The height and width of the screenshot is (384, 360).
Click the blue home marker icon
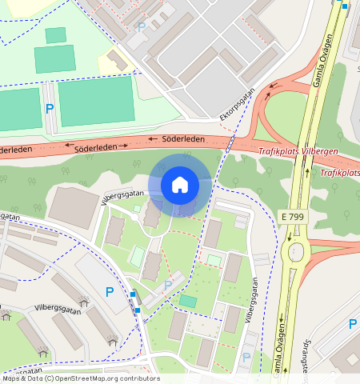pyautogui.click(x=180, y=185)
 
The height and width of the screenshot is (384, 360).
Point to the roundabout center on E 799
pyautogui.click(x=296, y=253)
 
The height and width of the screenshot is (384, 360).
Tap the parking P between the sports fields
pyautogui.click(x=50, y=109)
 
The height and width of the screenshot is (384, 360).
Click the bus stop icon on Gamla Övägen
pyautogui.click(x=345, y=6)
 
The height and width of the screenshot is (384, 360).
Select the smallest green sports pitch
pyautogui.click(x=56, y=35)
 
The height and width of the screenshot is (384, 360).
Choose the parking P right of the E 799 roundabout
pyautogui.click(x=352, y=323)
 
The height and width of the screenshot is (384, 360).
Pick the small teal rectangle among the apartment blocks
pyautogui.click(x=188, y=301)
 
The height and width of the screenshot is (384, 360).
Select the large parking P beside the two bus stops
pyautogui.click(x=110, y=292)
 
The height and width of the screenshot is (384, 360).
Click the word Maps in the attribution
pyautogui.click(x=14, y=378)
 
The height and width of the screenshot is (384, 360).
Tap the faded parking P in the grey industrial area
pyautogui.click(x=142, y=27)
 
